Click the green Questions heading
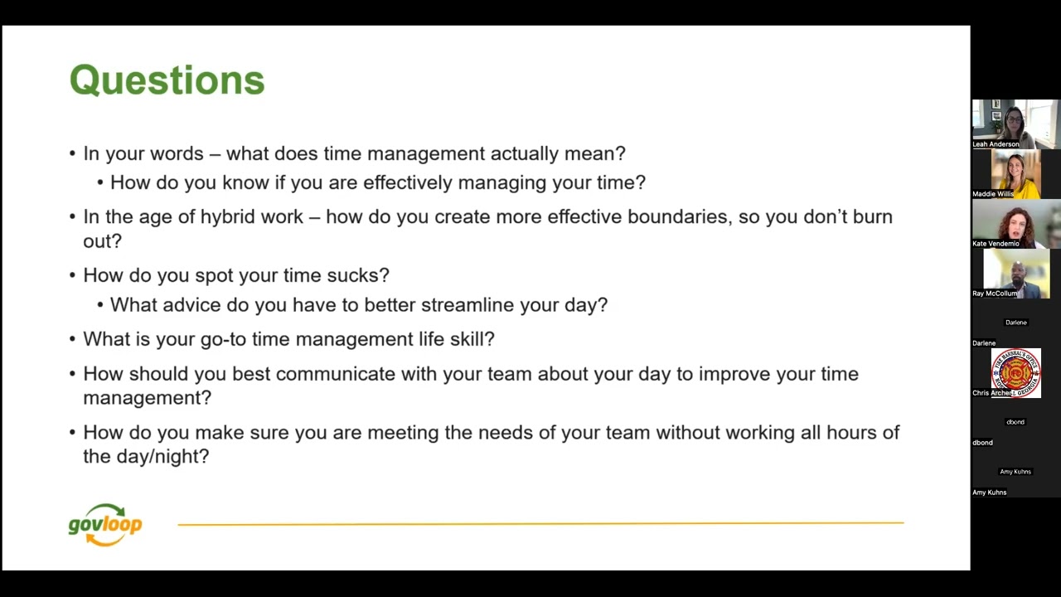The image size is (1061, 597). click(167, 80)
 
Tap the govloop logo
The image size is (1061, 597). click(105, 525)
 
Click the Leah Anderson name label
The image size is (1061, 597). click(996, 144)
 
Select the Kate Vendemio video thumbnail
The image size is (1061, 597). click(1015, 222)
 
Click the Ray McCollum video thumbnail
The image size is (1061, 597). click(1015, 272)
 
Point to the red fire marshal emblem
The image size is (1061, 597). click(1015, 372)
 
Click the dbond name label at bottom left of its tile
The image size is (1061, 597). click(982, 443)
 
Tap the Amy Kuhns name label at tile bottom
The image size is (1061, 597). click(989, 493)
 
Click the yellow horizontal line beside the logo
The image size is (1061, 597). click(540, 523)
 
